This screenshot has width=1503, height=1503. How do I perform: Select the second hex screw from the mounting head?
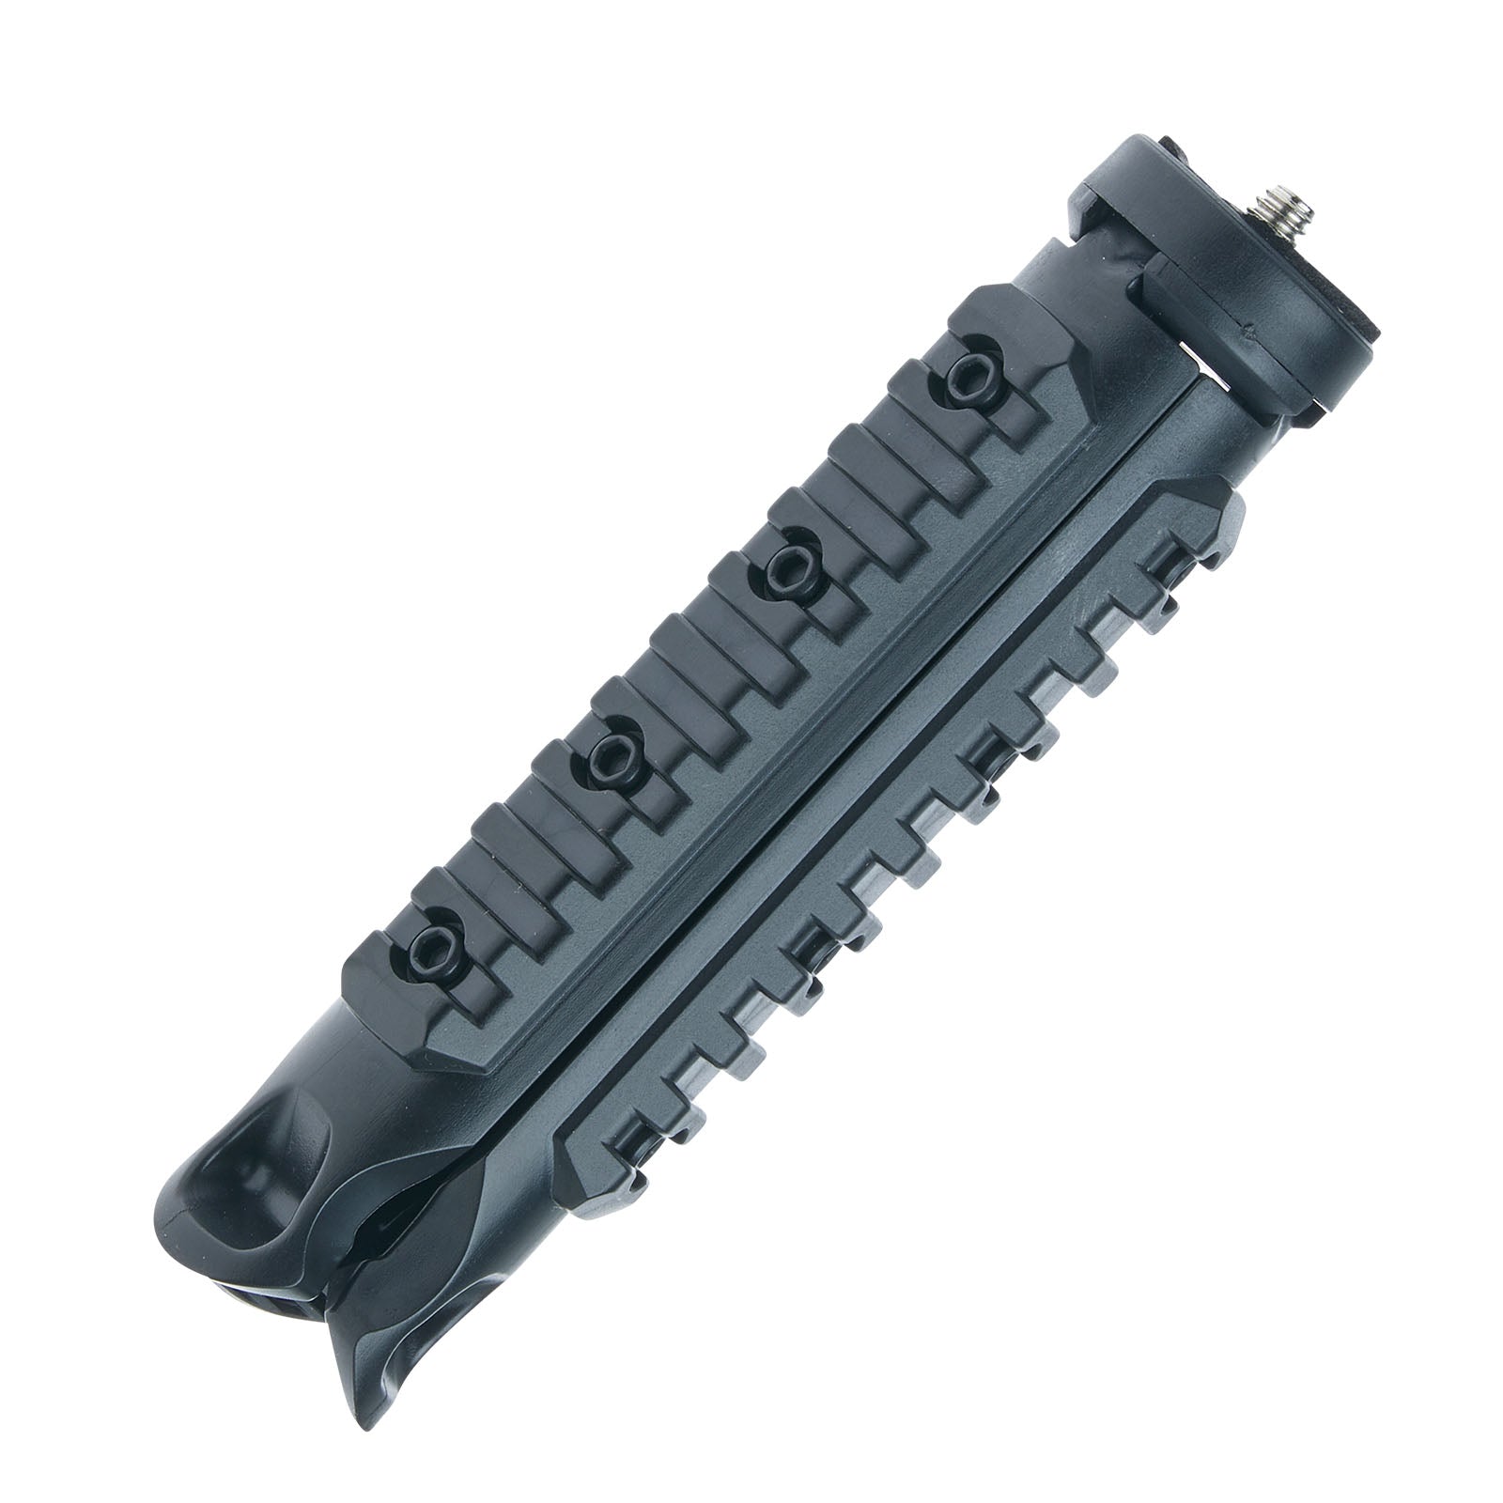(x=783, y=566)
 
